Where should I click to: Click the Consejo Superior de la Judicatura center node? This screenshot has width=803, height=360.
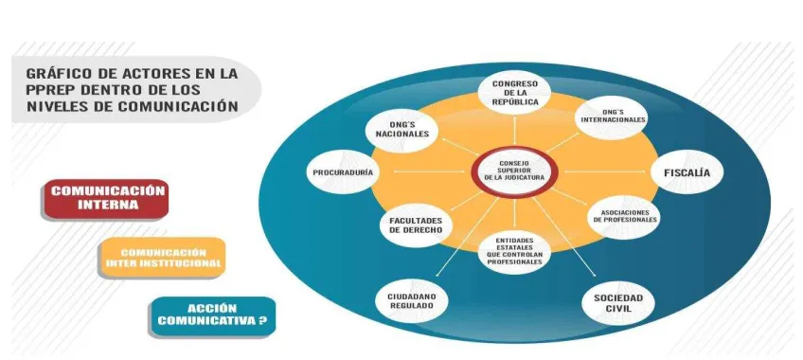(x=514, y=171)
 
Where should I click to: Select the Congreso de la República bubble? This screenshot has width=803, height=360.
(x=515, y=93)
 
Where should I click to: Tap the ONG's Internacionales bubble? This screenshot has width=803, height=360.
(x=613, y=117)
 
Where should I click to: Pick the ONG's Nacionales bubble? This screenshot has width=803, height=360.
(x=402, y=130)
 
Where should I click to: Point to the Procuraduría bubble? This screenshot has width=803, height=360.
(x=343, y=172)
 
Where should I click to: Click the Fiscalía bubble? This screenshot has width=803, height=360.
(x=687, y=172)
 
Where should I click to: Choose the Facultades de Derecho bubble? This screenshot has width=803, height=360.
(x=416, y=225)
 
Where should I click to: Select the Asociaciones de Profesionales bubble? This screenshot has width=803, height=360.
(x=624, y=216)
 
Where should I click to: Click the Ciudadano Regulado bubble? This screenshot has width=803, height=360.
(x=411, y=301)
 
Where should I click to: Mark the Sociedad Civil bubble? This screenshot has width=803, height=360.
(x=618, y=302)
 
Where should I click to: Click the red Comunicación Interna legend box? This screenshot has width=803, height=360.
(x=105, y=199)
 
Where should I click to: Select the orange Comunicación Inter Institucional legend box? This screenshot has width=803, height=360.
(x=162, y=258)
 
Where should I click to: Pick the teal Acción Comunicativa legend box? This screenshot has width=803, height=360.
(x=212, y=316)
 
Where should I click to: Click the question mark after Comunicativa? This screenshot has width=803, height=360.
(x=262, y=321)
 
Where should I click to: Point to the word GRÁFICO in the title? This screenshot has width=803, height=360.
(x=52, y=73)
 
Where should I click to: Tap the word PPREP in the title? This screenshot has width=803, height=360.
(x=45, y=90)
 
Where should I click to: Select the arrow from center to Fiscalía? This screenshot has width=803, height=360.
(x=604, y=172)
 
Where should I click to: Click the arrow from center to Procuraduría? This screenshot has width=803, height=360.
(x=425, y=172)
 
